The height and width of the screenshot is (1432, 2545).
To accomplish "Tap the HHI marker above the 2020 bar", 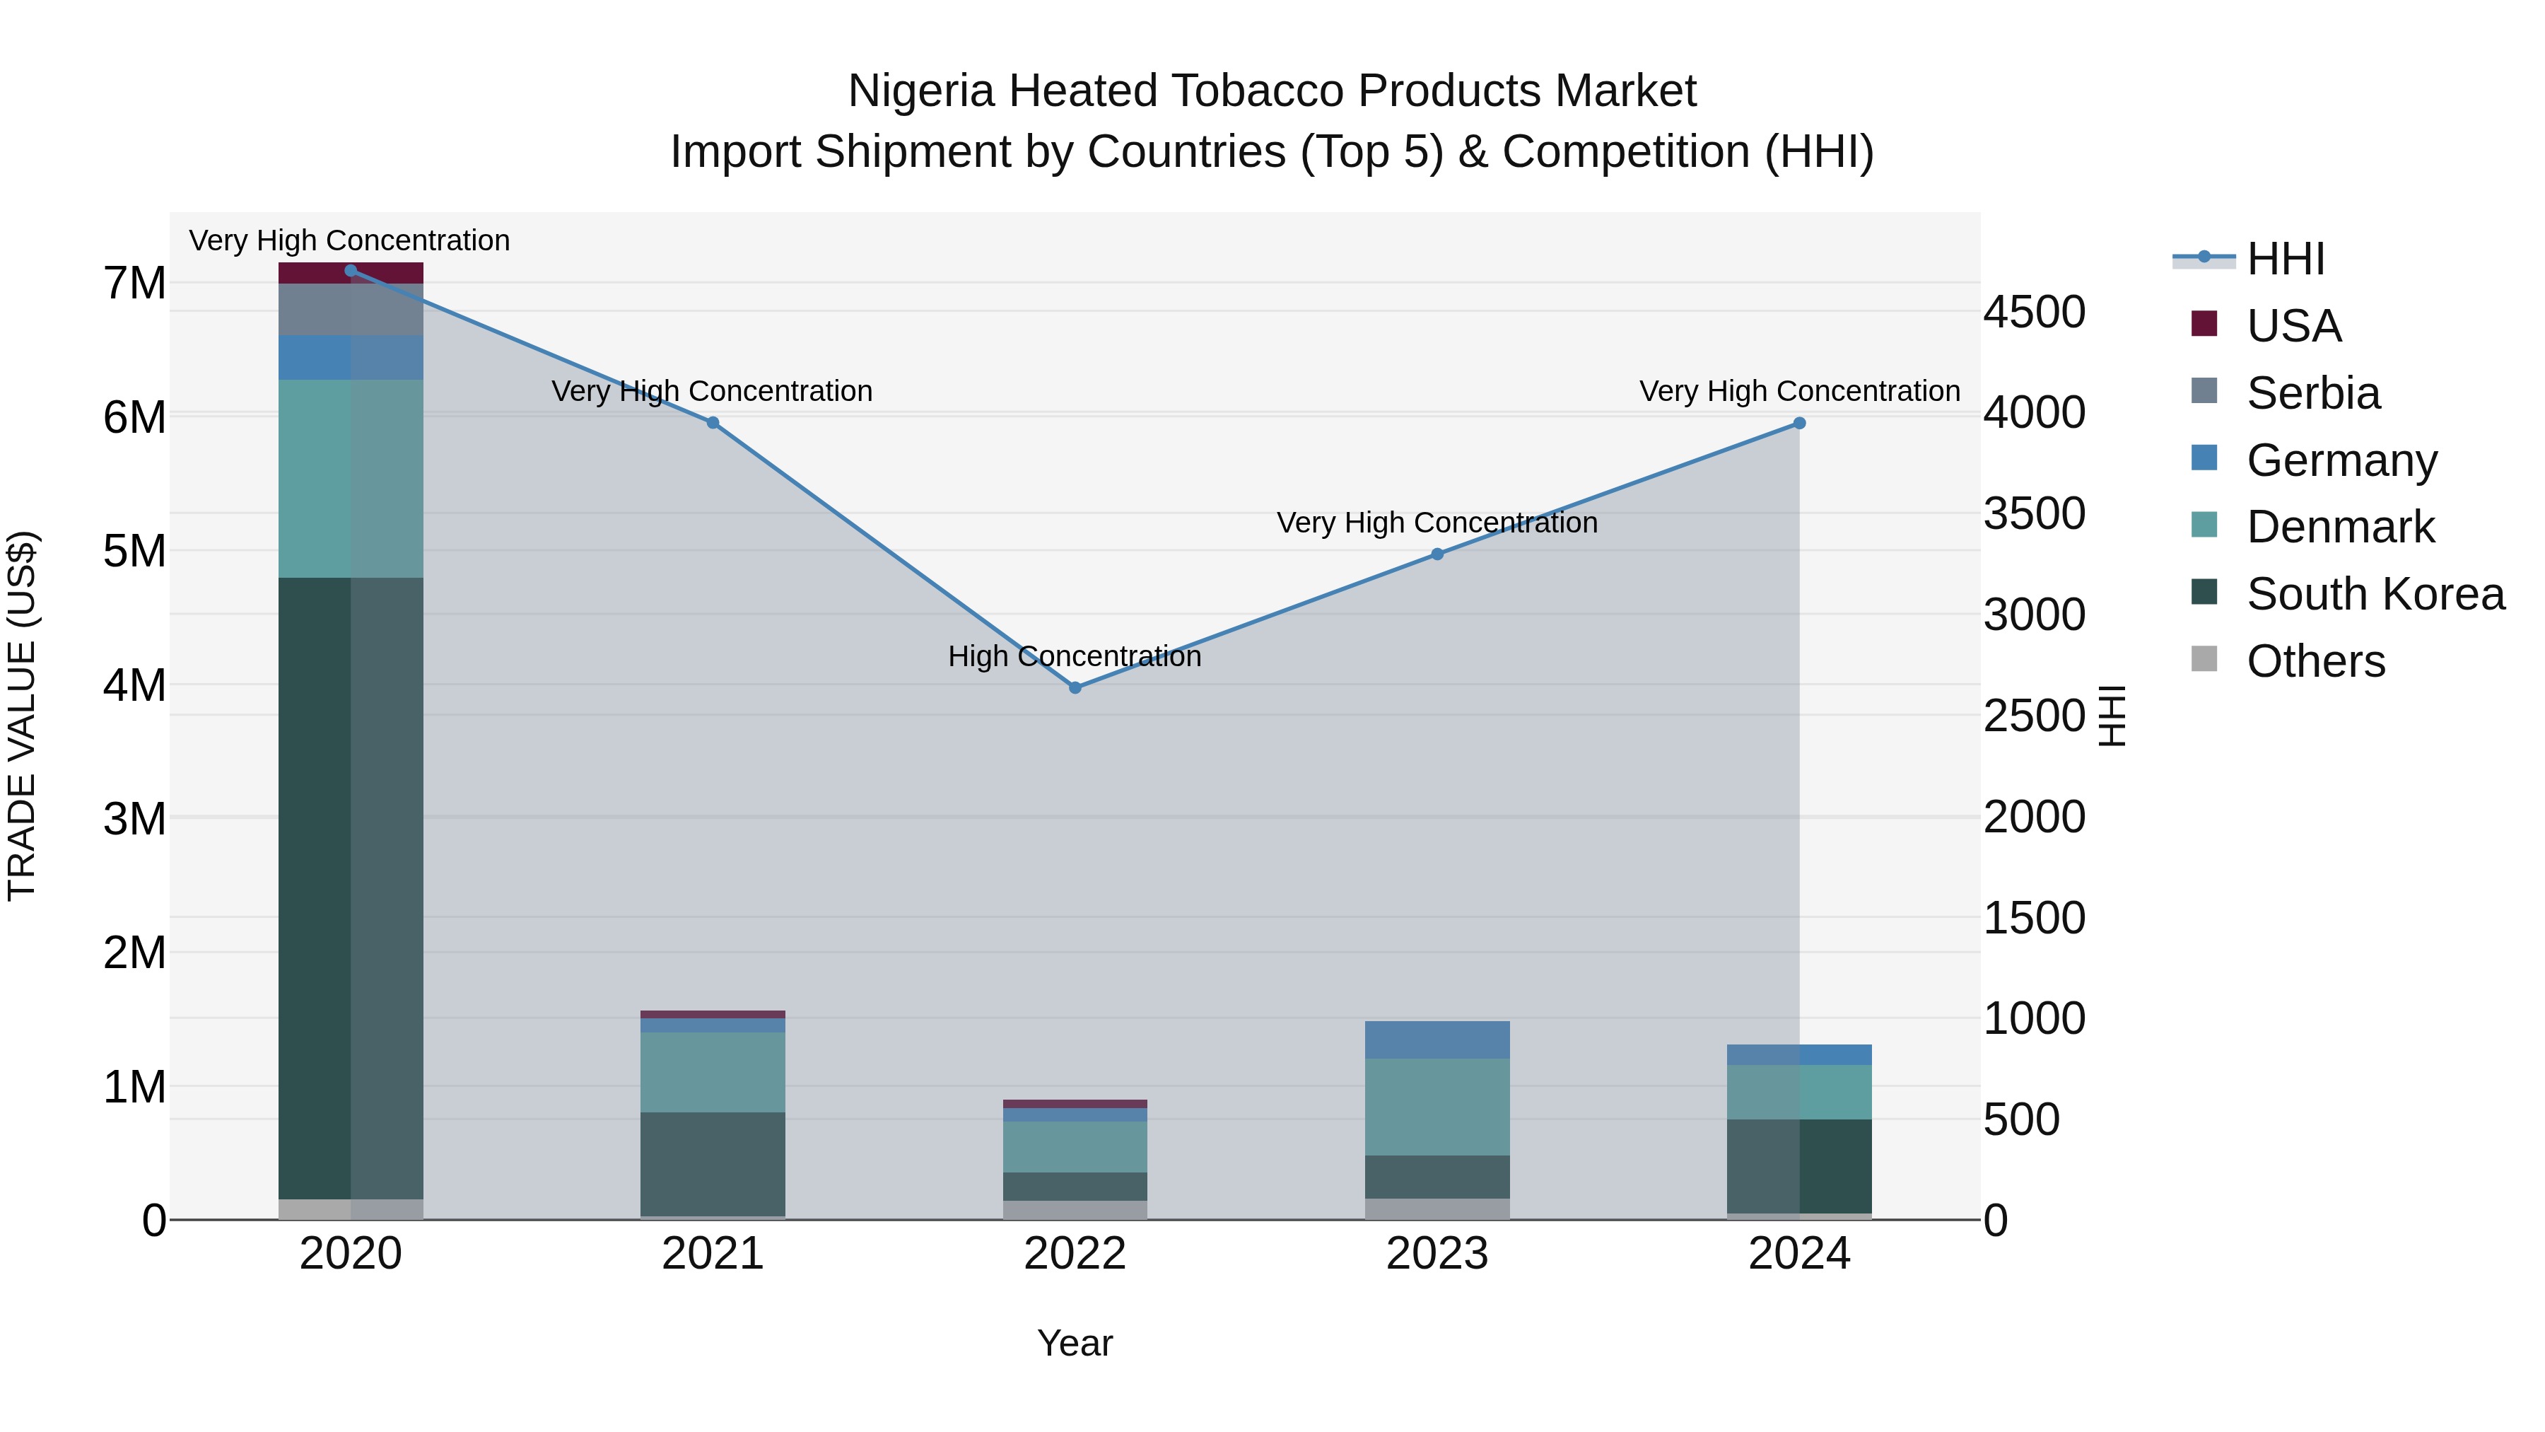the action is point(351,271).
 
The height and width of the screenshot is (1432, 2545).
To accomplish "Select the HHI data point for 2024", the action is point(1799,423).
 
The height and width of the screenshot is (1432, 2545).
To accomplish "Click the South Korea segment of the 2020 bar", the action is point(351,890).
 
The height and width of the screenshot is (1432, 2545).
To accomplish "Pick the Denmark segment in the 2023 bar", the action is point(1437,1107).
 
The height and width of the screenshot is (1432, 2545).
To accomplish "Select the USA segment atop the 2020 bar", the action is point(351,273).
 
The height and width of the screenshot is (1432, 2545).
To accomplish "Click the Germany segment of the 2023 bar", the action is point(1437,1040).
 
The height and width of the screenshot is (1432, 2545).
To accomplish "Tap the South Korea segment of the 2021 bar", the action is point(713,1164).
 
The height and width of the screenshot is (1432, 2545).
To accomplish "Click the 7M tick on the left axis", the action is point(134,284).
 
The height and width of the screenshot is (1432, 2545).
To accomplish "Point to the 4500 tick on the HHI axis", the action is point(2034,313).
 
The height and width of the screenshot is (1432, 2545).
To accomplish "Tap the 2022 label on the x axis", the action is point(1075,1254).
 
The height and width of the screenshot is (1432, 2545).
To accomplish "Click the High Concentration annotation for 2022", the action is point(1075,656).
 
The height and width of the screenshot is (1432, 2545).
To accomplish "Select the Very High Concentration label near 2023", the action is point(1437,523).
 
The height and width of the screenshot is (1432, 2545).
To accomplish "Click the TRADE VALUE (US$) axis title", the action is point(22,716).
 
